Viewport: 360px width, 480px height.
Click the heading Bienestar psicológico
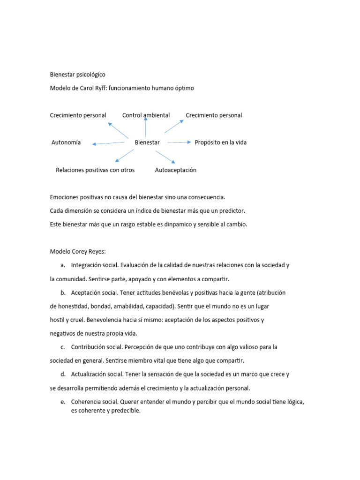click(78, 75)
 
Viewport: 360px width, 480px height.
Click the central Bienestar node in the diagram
click(147, 142)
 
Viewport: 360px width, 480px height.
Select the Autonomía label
click(66, 142)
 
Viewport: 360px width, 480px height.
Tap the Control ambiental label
click(146, 115)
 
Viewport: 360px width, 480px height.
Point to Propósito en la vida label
click(220, 142)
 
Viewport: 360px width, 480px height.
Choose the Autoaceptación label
click(176, 170)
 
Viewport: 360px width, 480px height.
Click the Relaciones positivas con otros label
click(95, 170)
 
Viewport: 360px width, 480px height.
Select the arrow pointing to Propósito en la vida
click(179, 142)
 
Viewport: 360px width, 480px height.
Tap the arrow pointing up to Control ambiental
click(146, 127)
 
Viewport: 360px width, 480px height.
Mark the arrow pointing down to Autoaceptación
click(165, 157)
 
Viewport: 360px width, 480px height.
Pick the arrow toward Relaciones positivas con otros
click(124, 156)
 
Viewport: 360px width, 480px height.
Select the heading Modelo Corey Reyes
click(78, 251)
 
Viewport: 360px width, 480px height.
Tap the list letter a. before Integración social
click(62, 265)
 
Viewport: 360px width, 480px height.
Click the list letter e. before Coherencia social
click(62, 402)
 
